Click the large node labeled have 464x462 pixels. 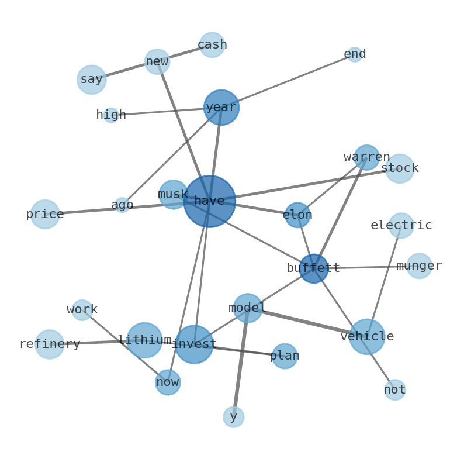click(209, 201)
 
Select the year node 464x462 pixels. click(221, 108)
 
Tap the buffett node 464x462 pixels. click(314, 268)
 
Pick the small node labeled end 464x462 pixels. click(355, 54)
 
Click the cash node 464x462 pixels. click(212, 45)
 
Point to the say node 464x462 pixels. click(92, 80)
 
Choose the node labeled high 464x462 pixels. click(111, 115)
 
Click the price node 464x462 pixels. click(45, 215)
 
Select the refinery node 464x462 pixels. click(50, 344)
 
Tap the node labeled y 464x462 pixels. click(234, 417)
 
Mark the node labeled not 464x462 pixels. click(395, 390)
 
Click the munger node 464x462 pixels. click(419, 266)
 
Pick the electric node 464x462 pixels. click(401, 226)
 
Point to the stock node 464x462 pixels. click(400, 168)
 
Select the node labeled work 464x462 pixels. click(82, 310)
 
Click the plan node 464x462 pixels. click(285, 356)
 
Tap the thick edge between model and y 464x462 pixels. click(241, 363)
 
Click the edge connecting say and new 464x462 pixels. click(124, 70)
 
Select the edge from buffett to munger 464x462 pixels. click(366, 267)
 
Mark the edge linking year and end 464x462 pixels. click(288, 81)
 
